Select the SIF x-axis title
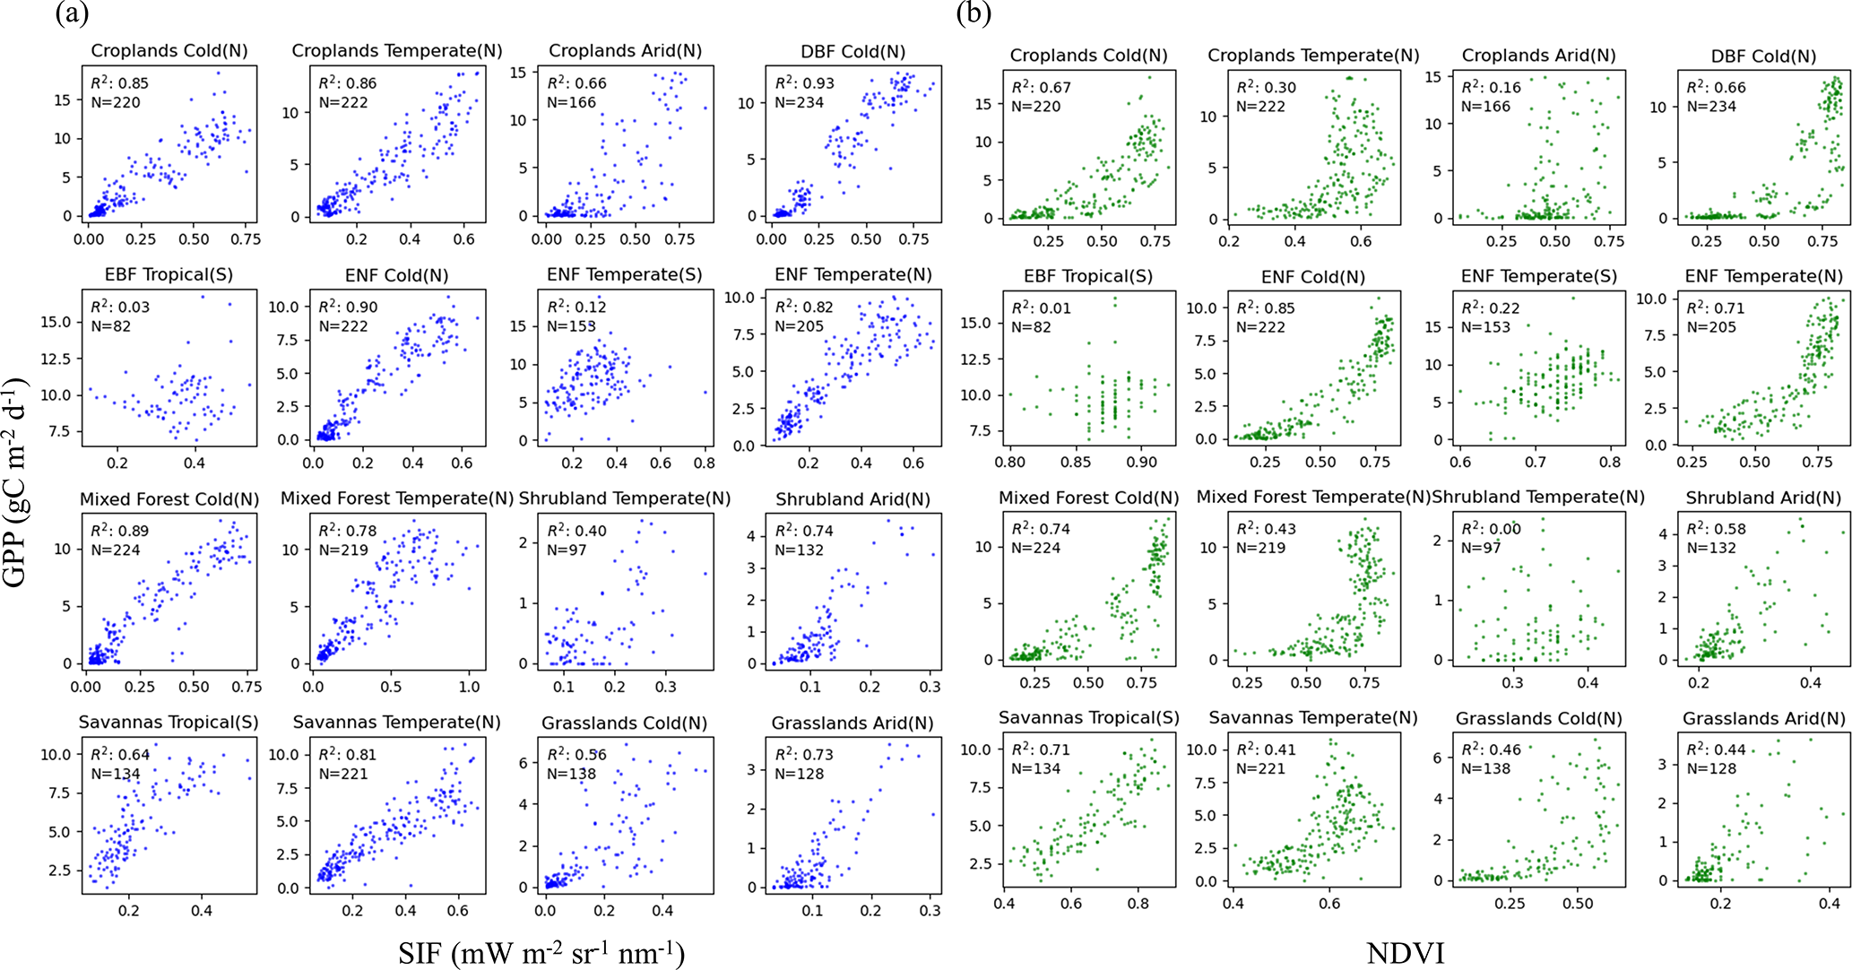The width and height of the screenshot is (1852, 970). tap(541, 952)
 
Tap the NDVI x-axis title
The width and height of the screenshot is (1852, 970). tap(1405, 952)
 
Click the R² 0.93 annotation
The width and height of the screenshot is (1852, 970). tap(804, 83)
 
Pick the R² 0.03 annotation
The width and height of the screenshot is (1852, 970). tap(119, 307)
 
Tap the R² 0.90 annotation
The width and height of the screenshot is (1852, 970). tap(347, 307)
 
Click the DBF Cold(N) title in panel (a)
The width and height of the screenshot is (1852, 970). tap(852, 52)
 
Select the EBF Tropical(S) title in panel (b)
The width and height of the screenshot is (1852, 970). tap(1087, 276)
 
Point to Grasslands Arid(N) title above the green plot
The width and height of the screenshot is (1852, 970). tap(1763, 719)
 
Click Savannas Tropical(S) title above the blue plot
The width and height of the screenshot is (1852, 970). tap(169, 723)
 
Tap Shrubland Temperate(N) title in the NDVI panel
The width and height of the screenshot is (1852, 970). tap(1538, 497)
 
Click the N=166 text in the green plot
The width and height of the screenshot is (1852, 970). tap(1485, 107)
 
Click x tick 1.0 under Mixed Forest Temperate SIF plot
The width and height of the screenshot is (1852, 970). tap(469, 687)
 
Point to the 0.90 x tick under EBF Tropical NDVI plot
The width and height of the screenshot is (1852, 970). tap(1141, 463)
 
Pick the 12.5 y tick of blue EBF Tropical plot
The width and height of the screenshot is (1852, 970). tap(55, 359)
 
